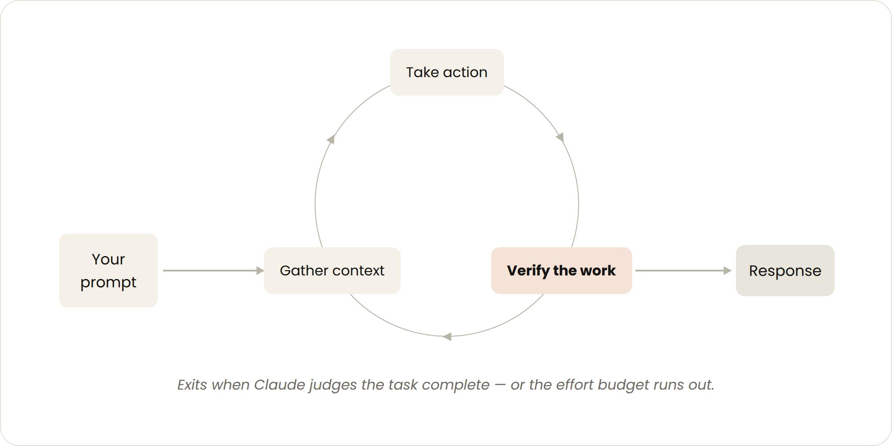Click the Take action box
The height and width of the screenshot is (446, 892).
pyautogui.click(x=447, y=72)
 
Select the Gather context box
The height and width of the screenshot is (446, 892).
pyautogui.click(x=332, y=271)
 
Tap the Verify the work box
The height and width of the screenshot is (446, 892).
pyautogui.click(x=561, y=271)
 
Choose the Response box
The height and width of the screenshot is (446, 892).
pyautogui.click(x=785, y=271)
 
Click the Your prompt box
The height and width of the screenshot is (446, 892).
pyautogui.click(x=108, y=271)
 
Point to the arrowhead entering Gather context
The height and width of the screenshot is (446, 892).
pyautogui.click(x=260, y=271)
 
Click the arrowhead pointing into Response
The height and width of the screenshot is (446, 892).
pyautogui.click(x=728, y=271)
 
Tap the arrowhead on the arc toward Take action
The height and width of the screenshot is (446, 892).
pyautogui.click(x=331, y=139)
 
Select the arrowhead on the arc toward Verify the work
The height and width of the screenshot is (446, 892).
pyautogui.click(x=560, y=137)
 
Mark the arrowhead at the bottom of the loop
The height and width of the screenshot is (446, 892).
pyautogui.click(x=447, y=337)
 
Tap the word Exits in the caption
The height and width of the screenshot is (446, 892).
pyautogui.click(x=192, y=385)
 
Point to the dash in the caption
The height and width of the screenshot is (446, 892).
pyautogui.click(x=500, y=385)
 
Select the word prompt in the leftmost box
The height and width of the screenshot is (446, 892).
pyautogui.click(x=108, y=282)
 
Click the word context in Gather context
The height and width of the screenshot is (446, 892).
pyautogui.click(x=358, y=271)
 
